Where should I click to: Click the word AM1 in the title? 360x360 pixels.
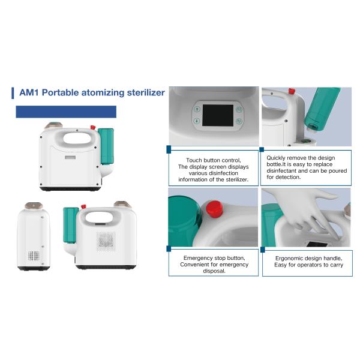29,92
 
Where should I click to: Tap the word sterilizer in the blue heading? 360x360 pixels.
146,92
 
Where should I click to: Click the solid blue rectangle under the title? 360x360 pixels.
66,112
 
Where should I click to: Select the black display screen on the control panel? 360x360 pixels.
218,115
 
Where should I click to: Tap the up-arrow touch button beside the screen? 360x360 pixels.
197,109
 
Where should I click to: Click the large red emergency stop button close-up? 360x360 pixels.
214,209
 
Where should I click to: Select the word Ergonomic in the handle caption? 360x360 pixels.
290,259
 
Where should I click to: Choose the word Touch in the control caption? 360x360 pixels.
194,160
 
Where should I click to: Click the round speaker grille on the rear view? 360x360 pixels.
106,242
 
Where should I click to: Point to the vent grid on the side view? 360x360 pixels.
34,256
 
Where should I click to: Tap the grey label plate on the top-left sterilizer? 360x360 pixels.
70,157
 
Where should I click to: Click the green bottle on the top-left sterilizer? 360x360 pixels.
106,146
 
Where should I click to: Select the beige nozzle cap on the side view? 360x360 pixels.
34,206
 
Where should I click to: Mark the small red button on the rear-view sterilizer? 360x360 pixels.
83,206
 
